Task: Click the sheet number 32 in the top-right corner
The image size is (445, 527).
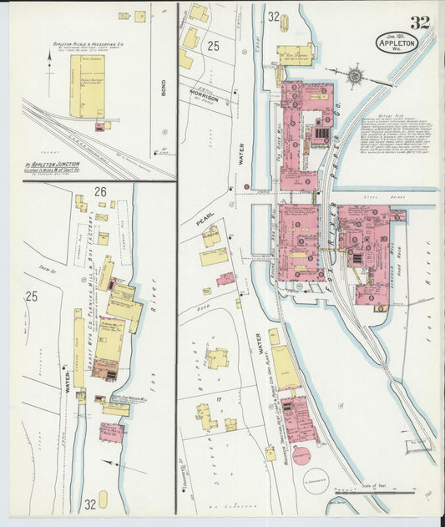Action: point(419,23)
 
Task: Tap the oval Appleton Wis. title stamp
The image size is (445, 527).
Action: point(402,43)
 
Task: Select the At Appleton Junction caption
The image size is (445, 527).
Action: point(56,167)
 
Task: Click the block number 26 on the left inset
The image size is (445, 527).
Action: point(101,191)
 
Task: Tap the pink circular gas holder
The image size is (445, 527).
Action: point(301,456)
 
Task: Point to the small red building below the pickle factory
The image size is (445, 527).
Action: point(101,127)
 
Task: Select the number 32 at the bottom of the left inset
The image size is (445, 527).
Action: point(89,504)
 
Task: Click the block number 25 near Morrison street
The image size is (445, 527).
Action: point(213,47)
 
